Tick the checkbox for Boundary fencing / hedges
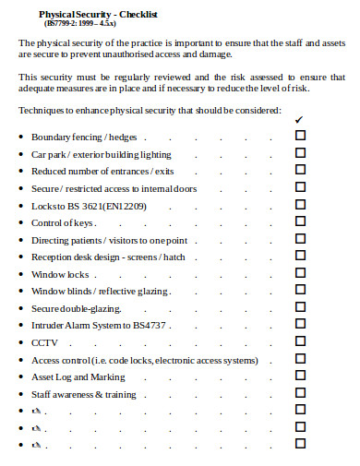click(300, 136)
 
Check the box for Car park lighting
click(300, 153)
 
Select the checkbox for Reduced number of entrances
click(300, 170)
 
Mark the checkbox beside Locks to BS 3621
click(300, 205)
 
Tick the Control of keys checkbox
click(300, 222)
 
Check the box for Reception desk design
click(300, 257)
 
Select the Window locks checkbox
click(300, 274)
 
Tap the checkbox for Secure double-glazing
click(300, 308)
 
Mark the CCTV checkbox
click(300, 342)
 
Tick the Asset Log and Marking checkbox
click(300, 376)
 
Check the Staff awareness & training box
click(300, 394)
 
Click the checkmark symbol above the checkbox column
click(298, 120)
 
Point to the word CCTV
click(44, 343)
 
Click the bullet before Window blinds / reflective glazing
click(21, 292)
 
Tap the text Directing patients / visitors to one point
click(109, 240)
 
